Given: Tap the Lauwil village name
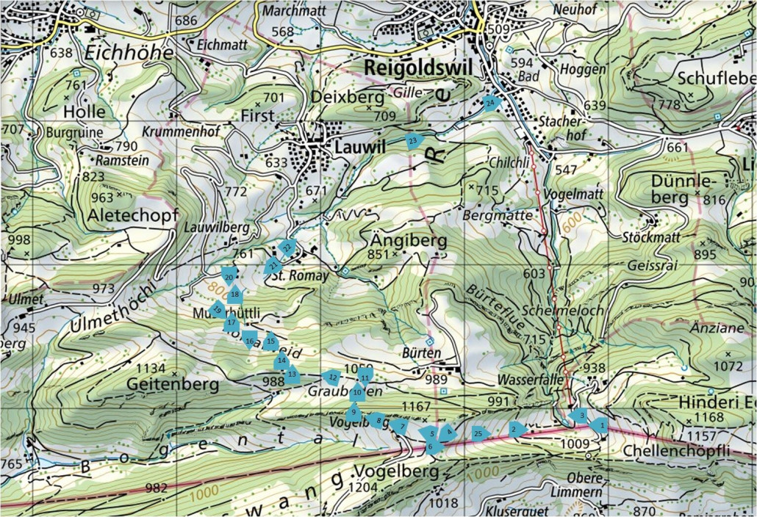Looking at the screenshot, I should pos(359,148).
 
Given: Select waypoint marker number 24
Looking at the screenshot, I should pos(491,103).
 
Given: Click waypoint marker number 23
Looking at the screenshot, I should pos(414,140).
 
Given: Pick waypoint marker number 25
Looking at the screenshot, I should pos(480,433).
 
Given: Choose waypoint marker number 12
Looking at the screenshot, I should pos(332,377).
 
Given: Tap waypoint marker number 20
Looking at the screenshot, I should pos(229,276).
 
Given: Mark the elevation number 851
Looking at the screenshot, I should pos(378,254).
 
